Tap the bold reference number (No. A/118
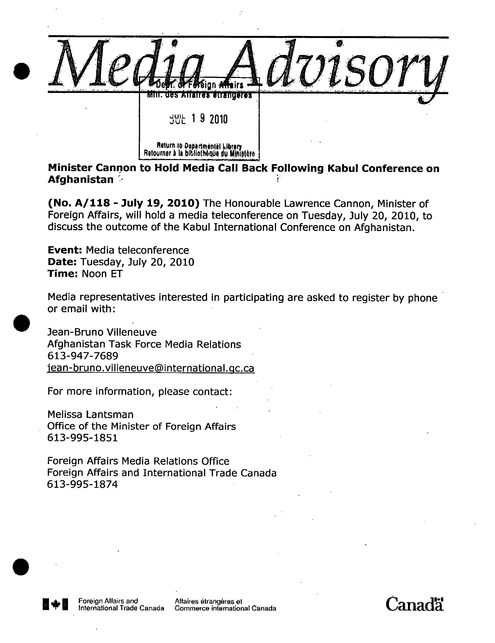[x=79, y=203]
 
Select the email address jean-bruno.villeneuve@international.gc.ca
[x=151, y=368]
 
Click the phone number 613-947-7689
[x=83, y=356]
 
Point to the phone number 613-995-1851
[x=83, y=438]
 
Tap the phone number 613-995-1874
[x=83, y=484]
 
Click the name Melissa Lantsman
[x=91, y=415]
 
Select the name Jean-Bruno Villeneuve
[x=102, y=332]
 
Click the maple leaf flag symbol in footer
[x=55, y=604]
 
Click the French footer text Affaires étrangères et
[x=208, y=601]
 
